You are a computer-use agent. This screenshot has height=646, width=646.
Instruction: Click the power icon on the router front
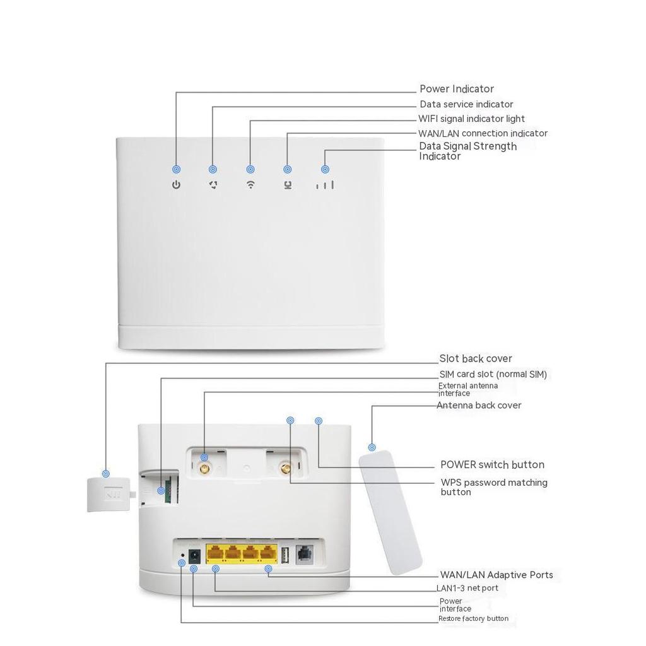177,185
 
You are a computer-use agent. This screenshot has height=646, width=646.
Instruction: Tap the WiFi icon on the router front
250,185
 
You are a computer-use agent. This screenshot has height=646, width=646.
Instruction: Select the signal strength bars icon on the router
325,185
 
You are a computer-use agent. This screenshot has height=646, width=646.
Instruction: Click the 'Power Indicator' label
457,89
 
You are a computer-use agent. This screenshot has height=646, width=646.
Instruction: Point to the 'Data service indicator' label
466,104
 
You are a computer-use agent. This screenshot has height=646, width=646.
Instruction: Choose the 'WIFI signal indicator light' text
471,119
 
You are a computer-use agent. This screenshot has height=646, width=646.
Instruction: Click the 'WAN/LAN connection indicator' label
483,133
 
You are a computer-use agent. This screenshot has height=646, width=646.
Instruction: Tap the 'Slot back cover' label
476,358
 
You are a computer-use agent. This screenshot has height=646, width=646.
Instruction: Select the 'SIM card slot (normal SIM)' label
493,374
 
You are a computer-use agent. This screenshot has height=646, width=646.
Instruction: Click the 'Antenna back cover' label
479,405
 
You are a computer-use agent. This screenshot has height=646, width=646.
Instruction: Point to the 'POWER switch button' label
492,464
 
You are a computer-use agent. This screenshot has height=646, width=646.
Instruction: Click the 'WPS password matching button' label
493,487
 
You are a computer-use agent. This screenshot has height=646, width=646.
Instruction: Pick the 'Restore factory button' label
473,618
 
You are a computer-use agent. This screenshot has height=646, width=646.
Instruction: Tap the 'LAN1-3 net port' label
467,588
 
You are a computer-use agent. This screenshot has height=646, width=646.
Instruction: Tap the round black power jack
196,555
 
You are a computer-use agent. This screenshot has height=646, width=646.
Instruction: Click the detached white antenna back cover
390,512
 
